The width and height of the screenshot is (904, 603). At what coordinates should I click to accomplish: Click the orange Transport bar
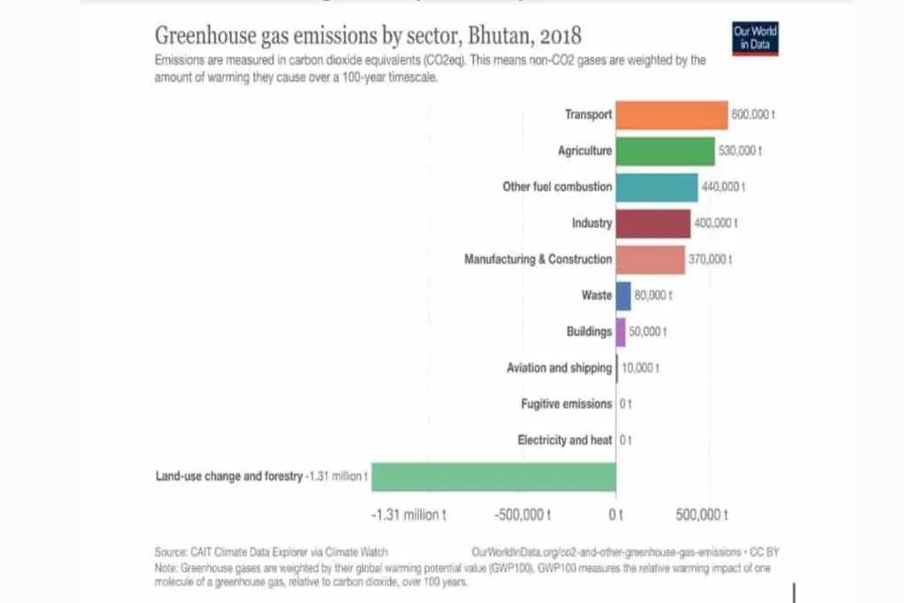(671, 115)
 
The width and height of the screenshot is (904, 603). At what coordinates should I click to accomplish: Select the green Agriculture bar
(665, 151)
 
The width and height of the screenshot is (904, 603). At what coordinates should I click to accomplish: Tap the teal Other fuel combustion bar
(656, 187)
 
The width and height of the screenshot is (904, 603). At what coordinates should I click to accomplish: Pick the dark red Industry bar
(652, 223)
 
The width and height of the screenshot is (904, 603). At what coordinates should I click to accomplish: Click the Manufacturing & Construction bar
(650, 260)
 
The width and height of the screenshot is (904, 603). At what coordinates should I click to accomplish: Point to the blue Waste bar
(623, 296)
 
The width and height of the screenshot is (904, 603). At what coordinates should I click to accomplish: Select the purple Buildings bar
(621, 332)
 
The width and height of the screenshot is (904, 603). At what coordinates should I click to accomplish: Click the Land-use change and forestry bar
(493, 477)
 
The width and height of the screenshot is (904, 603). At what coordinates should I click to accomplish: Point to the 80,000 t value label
(653, 296)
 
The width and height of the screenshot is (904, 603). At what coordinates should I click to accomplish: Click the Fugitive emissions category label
(566, 404)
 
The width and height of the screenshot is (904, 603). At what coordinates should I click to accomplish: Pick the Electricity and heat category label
(564, 441)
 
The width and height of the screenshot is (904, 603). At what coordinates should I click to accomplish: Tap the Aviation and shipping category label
(559, 368)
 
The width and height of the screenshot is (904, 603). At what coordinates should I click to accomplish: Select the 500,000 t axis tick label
(701, 515)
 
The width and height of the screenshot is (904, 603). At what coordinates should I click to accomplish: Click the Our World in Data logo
(755, 38)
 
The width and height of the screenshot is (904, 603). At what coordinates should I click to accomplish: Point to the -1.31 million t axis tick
(408, 515)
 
